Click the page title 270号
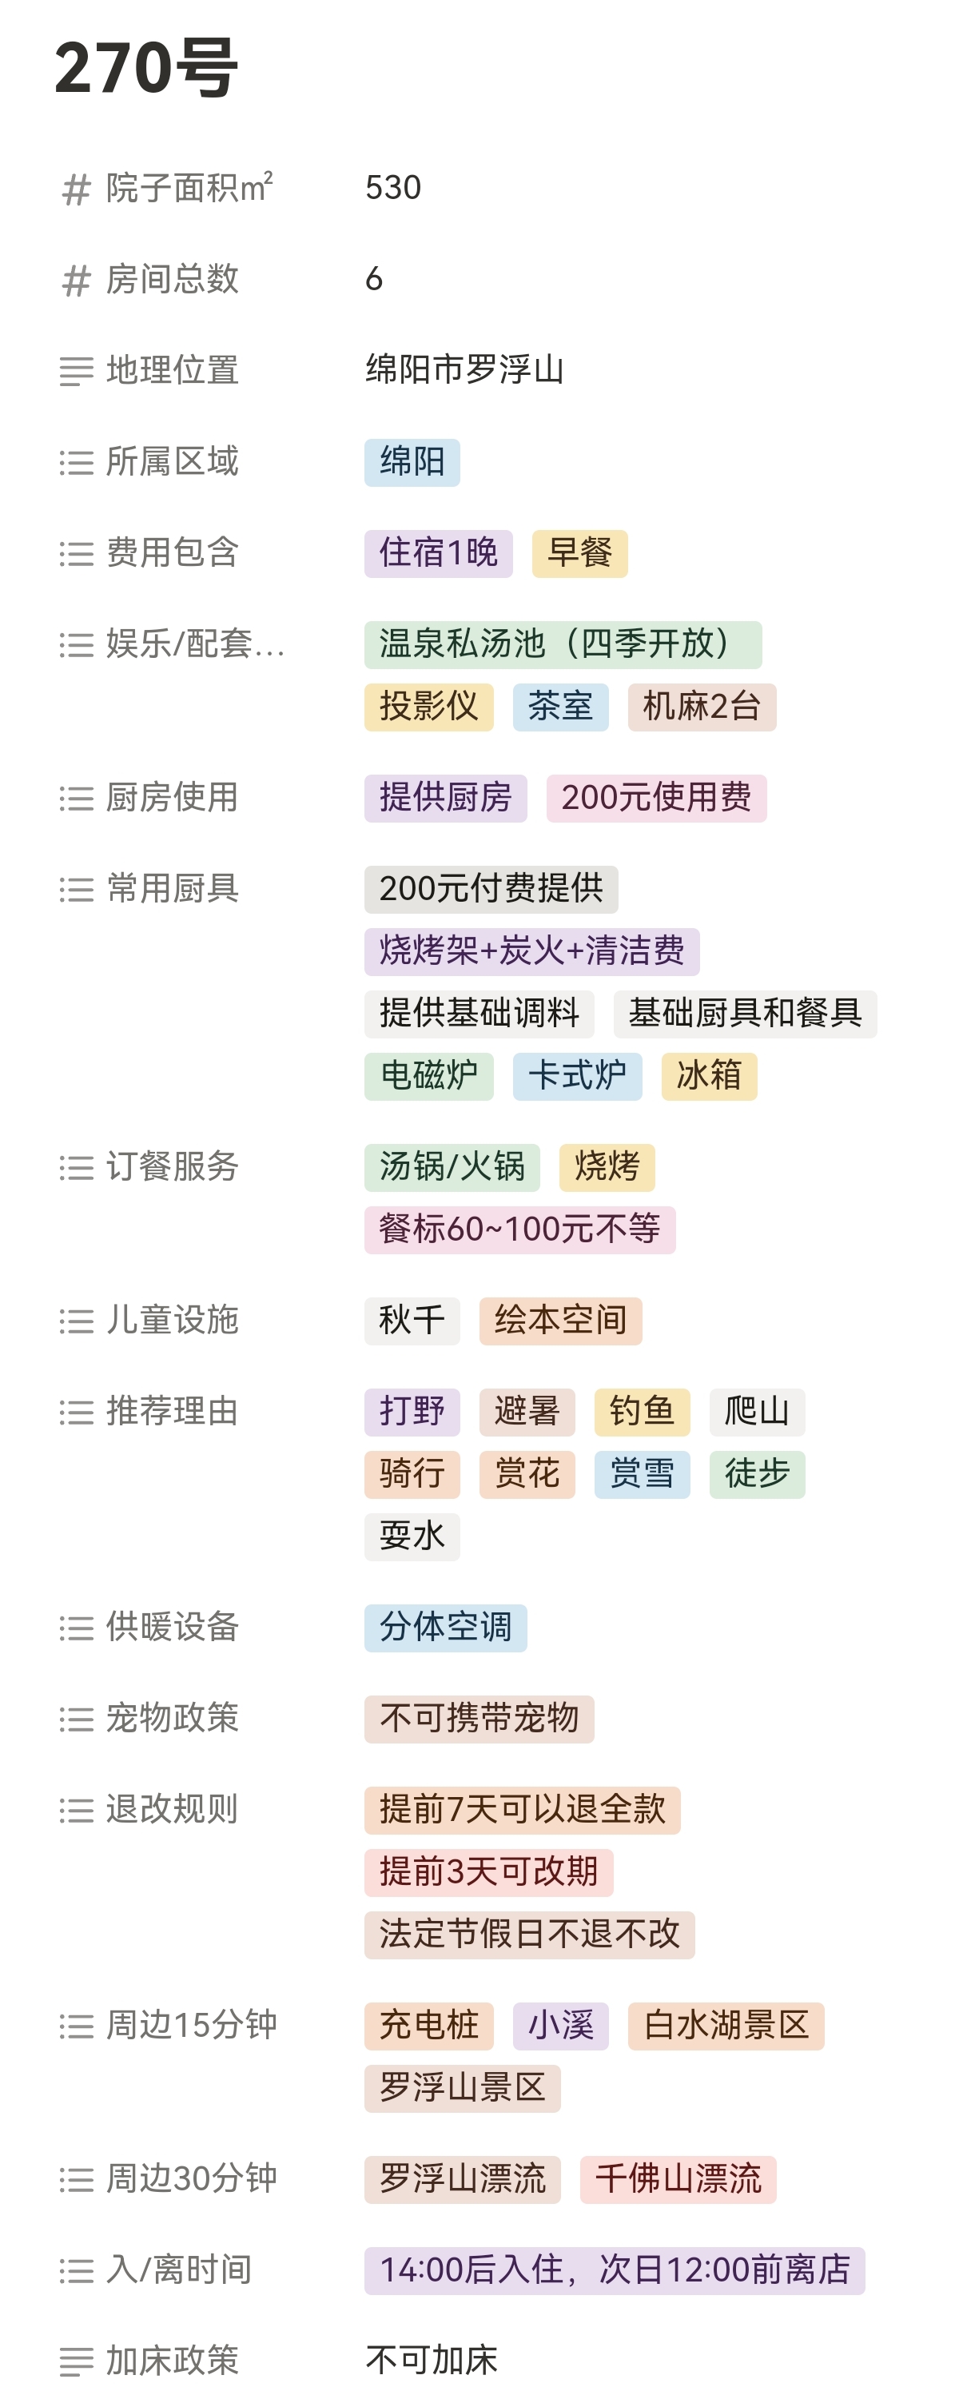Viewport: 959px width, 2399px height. click(x=146, y=68)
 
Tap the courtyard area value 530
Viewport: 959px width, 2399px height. click(x=393, y=188)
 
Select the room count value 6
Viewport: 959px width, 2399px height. click(x=374, y=278)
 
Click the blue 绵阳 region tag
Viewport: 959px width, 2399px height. click(x=412, y=462)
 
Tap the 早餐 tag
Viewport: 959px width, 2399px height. click(x=579, y=553)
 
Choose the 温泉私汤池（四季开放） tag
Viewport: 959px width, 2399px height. click(x=563, y=644)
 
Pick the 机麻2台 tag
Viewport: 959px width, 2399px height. click(x=701, y=707)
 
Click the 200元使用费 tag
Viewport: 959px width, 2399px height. click(x=655, y=798)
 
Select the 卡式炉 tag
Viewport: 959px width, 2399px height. click(x=576, y=1077)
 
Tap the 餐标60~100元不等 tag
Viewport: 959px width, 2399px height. click(x=519, y=1229)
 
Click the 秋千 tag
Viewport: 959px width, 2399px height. click(x=412, y=1321)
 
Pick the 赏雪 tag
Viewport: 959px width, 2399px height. click(x=642, y=1474)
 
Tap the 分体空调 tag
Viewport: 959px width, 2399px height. click(x=445, y=1628)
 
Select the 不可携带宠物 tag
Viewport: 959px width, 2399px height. click(x=479, y=1718)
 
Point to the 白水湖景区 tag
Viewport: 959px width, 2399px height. click(x=726, y=2026)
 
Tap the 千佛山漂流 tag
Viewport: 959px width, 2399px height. click(x=678, y=2179)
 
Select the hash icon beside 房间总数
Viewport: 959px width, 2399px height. click(x=75, y=281)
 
